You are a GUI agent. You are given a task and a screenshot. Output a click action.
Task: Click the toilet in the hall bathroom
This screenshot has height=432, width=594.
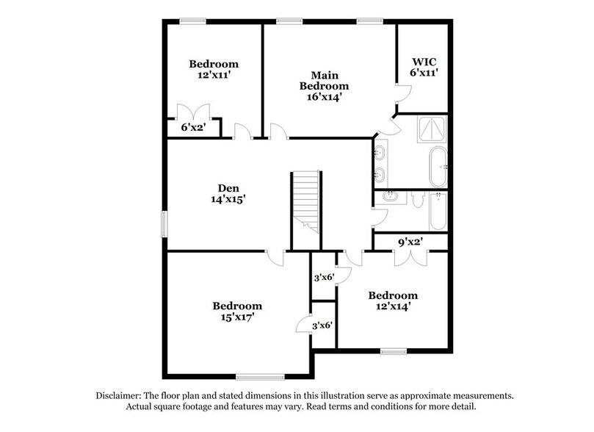[x=416, y=198]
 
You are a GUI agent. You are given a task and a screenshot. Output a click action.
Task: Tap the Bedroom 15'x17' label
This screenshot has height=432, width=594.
[x=237, y=312]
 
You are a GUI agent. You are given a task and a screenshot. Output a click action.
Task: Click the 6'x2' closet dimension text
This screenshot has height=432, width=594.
[x=195, y=127]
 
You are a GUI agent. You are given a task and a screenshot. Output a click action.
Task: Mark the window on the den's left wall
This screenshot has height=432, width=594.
[x=164, y=224]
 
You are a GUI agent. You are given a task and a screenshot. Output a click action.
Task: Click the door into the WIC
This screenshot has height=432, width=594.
[x=402, y=94]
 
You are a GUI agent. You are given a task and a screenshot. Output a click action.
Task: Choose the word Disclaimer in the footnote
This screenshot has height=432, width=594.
[x=122, y=395]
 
